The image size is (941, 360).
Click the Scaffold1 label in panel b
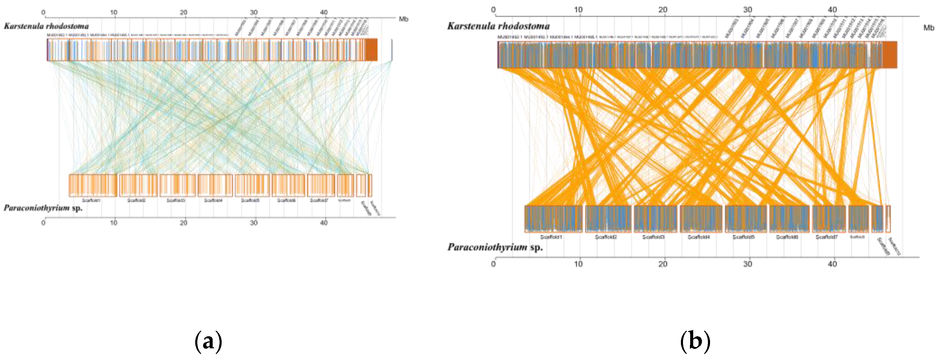(551, 237)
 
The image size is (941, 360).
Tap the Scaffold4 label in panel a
(213, 200)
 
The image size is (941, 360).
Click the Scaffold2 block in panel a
(138, 185)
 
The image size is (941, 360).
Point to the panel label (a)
(208, 341)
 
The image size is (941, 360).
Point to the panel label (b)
(695, 341)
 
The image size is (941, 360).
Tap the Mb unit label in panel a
(403, 19)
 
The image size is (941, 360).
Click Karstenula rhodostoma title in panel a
(46, 26)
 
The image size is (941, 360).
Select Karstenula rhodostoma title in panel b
(498, 26)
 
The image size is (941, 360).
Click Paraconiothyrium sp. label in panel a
(43, 208)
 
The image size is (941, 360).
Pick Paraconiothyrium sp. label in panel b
(495, 247)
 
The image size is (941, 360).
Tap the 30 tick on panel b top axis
(747, 10)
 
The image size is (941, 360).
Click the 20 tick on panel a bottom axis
(184, 223)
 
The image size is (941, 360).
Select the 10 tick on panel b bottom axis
(578, 264)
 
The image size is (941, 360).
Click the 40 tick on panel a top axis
(324, 12)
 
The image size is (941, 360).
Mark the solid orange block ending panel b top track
(890, 55)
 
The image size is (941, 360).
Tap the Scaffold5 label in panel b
(743, 237)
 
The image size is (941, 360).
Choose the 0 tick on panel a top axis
(44, 12)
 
